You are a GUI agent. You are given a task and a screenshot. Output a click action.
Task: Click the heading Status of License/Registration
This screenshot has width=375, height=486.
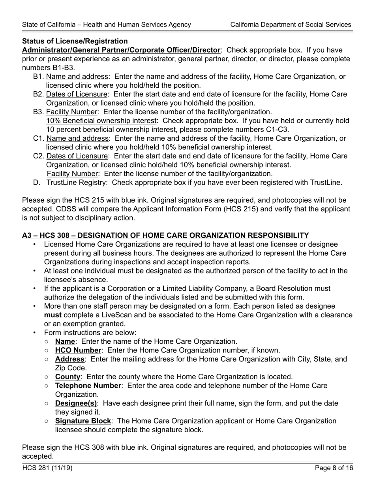point(75,41)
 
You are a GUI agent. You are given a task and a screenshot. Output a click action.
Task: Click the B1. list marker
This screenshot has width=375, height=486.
point(38,77)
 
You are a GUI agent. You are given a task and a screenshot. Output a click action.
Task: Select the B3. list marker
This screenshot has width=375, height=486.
point(38,112)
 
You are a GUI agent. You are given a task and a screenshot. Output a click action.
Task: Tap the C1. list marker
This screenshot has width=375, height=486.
point(38,139)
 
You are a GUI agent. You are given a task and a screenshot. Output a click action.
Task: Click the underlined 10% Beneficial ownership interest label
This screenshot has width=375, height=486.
point(101,121)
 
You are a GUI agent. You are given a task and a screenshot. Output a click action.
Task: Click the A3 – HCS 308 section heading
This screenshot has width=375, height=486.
point(165,236)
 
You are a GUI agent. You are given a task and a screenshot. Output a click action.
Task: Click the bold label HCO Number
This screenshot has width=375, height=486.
point(78,350)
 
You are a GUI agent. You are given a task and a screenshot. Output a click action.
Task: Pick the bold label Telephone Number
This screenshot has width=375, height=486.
point(88,386)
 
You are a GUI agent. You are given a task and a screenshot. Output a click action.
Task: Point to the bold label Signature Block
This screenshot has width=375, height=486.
point(83,421)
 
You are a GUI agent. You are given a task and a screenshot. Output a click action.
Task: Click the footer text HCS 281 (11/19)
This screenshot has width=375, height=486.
point(47,469)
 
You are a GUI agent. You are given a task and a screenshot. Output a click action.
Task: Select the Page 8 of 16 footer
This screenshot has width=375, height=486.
point(334,469)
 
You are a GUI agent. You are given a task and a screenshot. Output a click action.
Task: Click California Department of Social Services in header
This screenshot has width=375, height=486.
point(291,24)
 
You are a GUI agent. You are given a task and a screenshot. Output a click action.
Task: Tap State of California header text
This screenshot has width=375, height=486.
point(107,24)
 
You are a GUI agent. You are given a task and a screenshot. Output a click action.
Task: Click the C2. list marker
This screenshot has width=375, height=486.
point(38,156)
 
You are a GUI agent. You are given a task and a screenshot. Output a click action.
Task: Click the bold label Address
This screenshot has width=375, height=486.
point(69,359)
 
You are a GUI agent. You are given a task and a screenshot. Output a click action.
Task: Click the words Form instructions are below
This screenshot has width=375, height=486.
point(90,333)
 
